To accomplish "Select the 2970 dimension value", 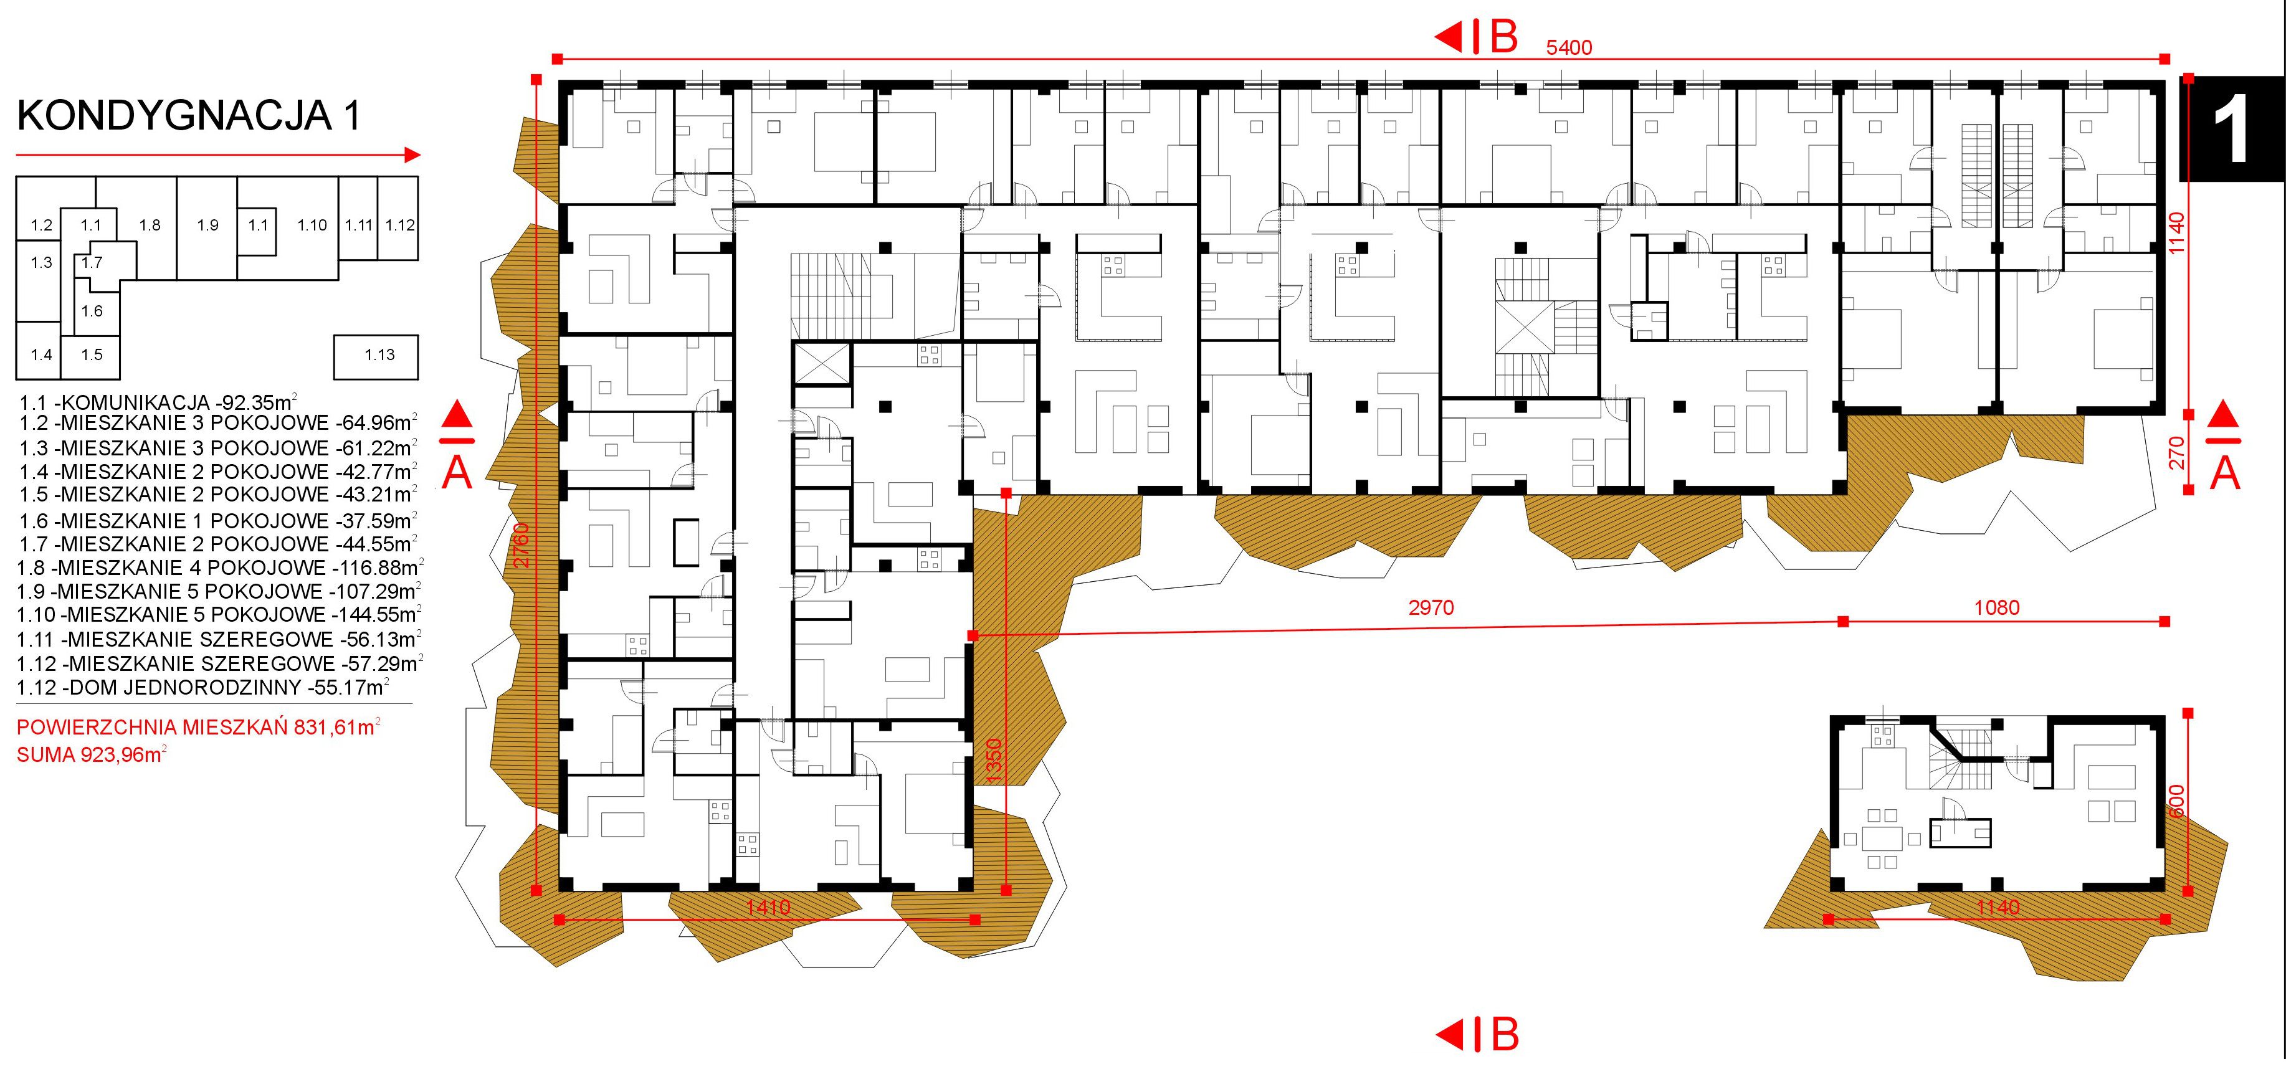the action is [x=1431, y=607].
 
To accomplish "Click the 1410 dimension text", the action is [x=768, y=908].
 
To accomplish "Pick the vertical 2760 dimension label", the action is [x=521, y=544].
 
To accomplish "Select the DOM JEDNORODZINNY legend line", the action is [x=203, y=688].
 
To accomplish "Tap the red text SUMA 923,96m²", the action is [x=92, y=755].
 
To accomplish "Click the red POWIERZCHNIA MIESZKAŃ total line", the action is [x=199, y=728].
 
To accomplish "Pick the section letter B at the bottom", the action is [x=1504, y=1034].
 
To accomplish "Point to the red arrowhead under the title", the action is [x=412, y=155].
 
